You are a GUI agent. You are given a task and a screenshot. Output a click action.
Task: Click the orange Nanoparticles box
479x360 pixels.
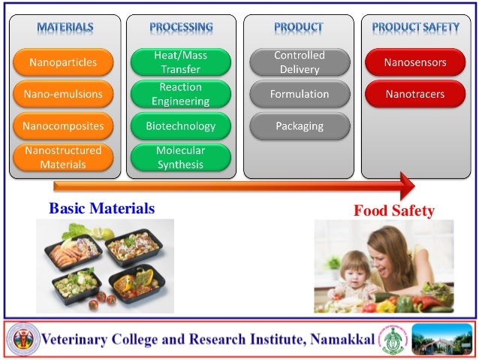tap(63, 62)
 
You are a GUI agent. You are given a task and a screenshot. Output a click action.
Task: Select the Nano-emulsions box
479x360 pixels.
tap(63, 95)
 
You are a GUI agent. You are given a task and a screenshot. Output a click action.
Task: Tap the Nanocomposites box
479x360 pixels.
tap(63, 126)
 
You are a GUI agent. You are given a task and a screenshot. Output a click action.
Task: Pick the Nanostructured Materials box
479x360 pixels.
tap(63, 158)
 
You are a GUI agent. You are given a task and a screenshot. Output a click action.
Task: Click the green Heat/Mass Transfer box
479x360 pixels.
tap(181, 62)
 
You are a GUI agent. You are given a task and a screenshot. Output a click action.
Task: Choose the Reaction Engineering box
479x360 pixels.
tap(181, 95)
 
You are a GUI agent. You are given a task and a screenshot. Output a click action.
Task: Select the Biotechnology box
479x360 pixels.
tap(181, 126)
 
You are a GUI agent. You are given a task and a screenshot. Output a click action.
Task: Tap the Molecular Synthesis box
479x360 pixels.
tap(181, 158)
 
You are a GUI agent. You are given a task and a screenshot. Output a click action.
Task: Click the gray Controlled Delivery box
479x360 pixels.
tap(299, 62)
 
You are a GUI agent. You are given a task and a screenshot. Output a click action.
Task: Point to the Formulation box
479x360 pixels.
tap(299, 95)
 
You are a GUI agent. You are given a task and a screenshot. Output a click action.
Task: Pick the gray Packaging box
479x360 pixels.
tap(299, 126)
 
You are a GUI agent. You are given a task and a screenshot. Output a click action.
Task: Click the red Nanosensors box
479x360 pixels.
tap(415, 62)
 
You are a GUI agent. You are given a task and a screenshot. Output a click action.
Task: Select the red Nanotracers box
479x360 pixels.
tap(415, 95)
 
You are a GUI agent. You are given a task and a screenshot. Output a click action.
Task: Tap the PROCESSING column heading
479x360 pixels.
tap(181, 28)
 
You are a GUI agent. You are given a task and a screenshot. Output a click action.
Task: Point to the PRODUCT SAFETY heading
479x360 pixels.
tap(415, 28)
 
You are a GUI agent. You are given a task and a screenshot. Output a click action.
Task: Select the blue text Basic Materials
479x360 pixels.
tap(102, 209)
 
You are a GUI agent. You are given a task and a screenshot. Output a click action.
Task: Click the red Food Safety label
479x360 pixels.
tap(394, 211)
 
